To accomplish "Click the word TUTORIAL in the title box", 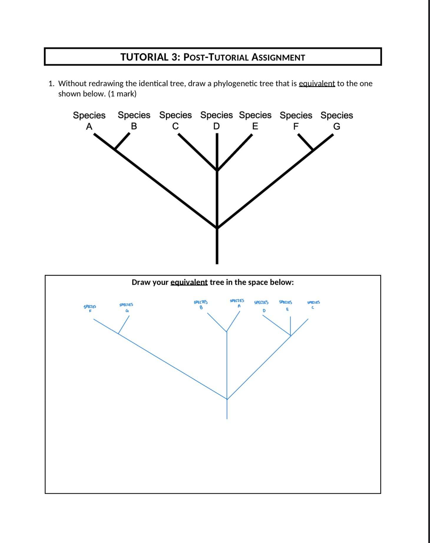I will pos(144,57).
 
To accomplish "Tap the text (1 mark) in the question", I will pos(122,94).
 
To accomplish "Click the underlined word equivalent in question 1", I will pos(317,83).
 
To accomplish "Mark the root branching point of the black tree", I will pos(217,227).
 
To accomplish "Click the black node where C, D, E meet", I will pos(217,170).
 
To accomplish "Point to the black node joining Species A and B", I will pos(115,149).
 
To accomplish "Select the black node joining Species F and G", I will pos(313,150).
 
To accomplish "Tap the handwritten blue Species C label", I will pos(314,304).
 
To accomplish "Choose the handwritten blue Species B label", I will pos(201,304).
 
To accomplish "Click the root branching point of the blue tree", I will pos(227,399).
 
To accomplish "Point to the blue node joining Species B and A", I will pos(226,332).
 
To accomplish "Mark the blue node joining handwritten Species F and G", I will pos(119,334).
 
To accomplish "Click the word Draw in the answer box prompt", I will pos(140,282).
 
